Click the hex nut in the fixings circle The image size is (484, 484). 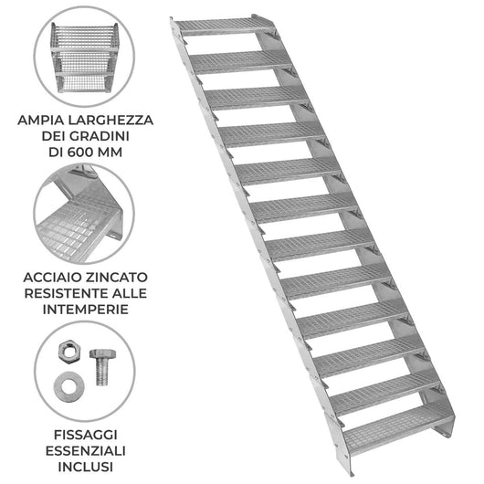click(x=69, y=350)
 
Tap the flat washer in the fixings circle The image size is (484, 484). click(x=68, y=387)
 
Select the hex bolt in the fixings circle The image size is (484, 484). click(x=102, y=367)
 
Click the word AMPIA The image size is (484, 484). click(x=40, y=120)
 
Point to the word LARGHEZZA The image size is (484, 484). click(x=110, y=120)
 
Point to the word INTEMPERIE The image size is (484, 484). click(x=86, y=310)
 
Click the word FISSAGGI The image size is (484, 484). click(x=86, y=435)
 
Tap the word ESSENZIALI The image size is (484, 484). click(x=86, y=451)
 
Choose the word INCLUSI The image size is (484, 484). click(x=86, y=467)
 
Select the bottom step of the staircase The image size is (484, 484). click(x=398, y=428)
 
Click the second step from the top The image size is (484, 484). click(x=241, y=61)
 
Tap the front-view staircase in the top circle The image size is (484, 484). click(x=84, y=58)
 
